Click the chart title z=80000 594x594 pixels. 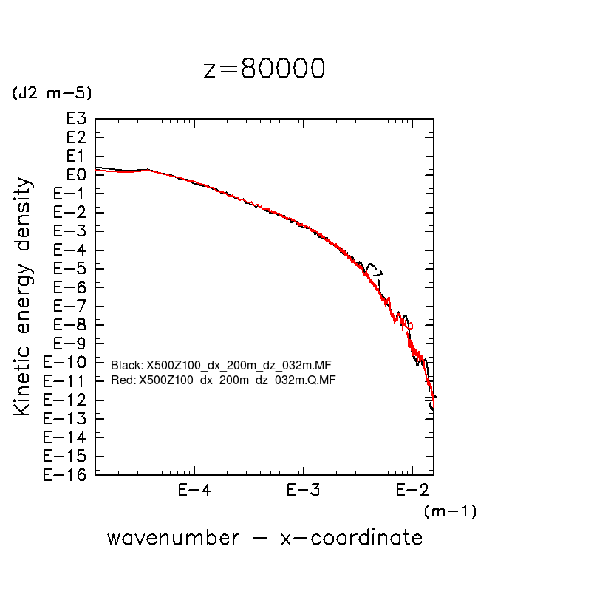point(264,69)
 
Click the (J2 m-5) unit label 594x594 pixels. point(51,93)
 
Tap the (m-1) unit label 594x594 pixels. point(450,511)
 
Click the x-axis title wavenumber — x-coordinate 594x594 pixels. point(264,537)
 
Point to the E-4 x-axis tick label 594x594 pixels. point(194,490)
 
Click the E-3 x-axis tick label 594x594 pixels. point(303,490)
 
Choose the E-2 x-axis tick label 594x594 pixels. point(412,490)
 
